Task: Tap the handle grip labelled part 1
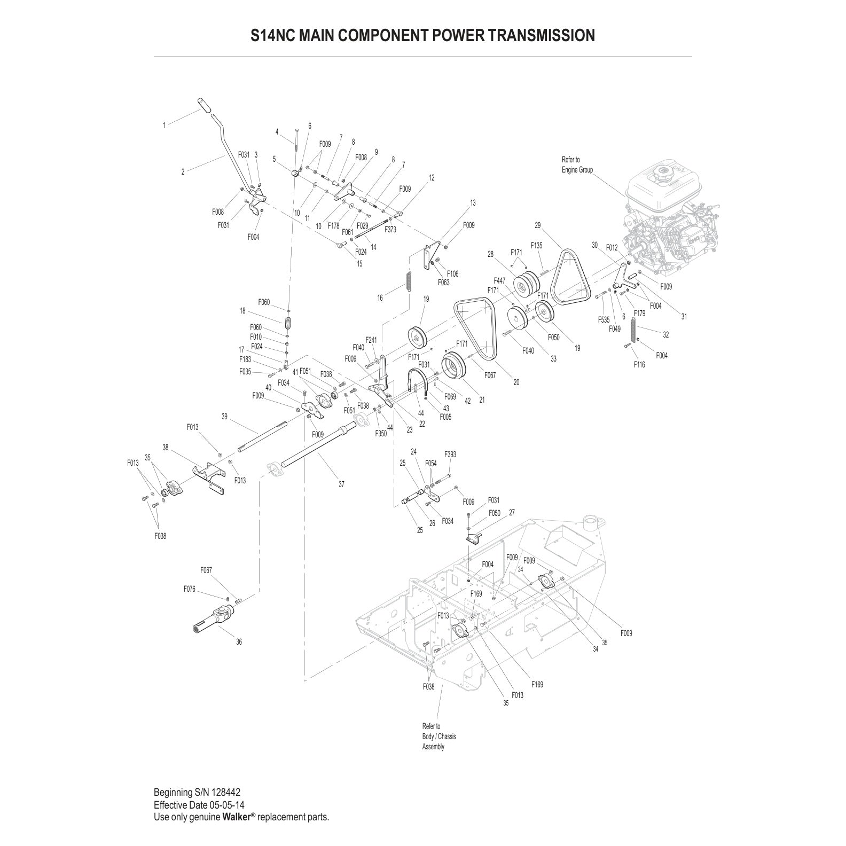(x=203, y=105)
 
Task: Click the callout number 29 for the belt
(x=538, y=225)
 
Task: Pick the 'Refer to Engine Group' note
(x=577, y=164)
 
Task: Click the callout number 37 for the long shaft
(x=341, y=484)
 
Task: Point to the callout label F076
(x=190, y=589)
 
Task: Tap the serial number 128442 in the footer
(x=229, y=792)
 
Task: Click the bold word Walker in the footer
(x=233, y=817)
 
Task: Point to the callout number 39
(x=224, y=417)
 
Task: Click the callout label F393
(x=450, y=455)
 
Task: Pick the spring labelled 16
(x=409, y=281)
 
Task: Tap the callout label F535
(x=604, y=320)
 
